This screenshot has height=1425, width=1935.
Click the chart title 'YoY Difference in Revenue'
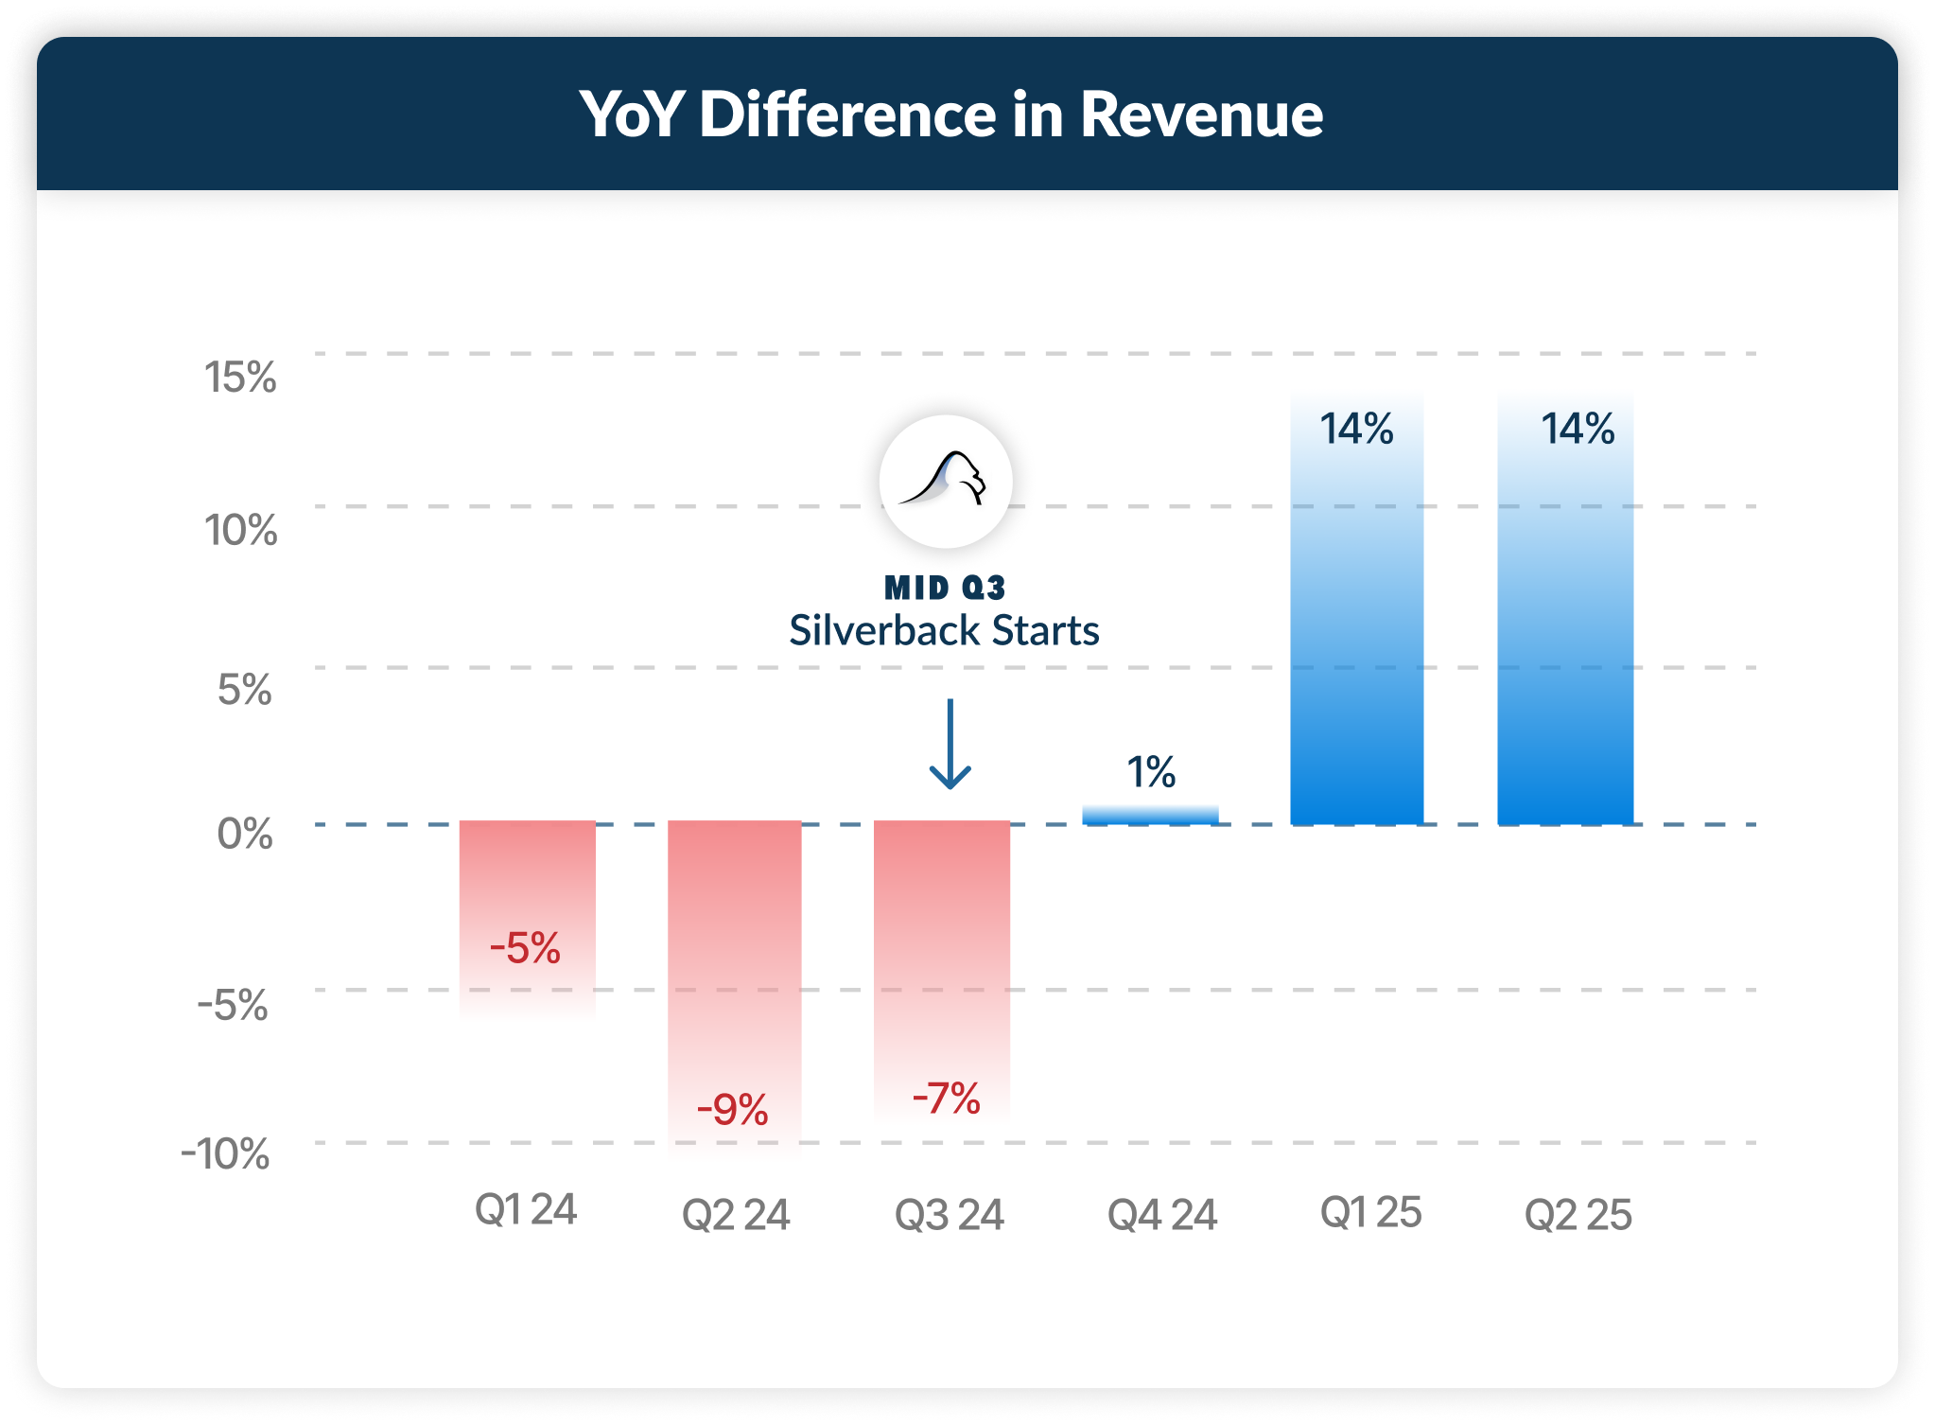(x=950, y=114)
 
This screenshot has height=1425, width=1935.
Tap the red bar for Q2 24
(x=735, y=989)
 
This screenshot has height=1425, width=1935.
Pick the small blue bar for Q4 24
(x=1150, y=815)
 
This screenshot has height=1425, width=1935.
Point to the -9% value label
(x=732, y=1109)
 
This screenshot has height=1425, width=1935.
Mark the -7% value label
(x=946, y=1099)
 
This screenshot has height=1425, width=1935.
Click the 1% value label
(x=1151, y=772)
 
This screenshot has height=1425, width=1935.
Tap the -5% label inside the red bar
(x=525, y=948)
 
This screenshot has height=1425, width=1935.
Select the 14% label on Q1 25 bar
(x=1357, y=429)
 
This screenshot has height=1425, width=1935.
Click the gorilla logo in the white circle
(x=946, y=481)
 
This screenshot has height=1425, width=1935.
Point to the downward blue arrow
(x=950, y=744)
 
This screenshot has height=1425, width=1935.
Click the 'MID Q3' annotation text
(x=945, y=588)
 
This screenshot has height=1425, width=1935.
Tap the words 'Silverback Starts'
(x=944, y=630)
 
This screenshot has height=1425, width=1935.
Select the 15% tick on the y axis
(x=240, y=377)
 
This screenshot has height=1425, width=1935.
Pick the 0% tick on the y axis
(x=245, y=834)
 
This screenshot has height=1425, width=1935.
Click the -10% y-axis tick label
(x=225, y=1154)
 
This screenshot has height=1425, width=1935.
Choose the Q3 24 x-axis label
(x=949, y=1215)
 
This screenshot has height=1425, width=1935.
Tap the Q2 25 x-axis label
(x=1578, y=1215)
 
